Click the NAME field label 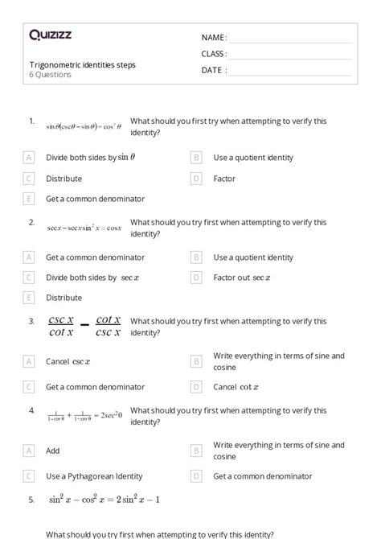point(214,38)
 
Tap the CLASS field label point(215,54)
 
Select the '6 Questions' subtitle point(51,75)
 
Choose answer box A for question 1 point(30,158)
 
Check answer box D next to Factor point(196,179)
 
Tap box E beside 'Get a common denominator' point(30,199)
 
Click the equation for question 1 point(84,126)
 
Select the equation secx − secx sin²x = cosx point(84,228)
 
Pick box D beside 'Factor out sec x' point(196,278)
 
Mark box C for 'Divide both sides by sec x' point(30,278)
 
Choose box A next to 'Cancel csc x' point(30,362)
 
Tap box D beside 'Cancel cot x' point(196,387)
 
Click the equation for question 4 point(84,415)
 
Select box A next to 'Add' point(30,451)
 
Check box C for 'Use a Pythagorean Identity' point(30,476)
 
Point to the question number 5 point(31,500)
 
